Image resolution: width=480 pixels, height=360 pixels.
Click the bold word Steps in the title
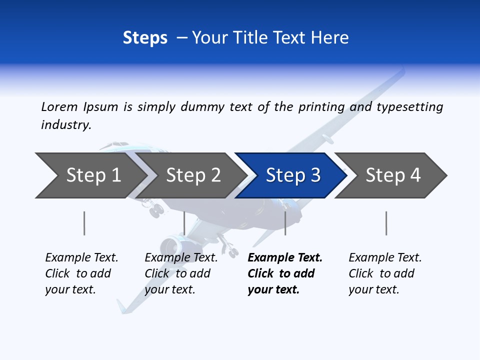pyautogui.click(x=145, y=38)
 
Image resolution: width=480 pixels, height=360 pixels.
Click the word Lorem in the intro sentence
pyautogui.click(x=59, y=107)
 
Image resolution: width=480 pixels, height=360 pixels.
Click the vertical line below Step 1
pyautogui.click(x=84, y=223)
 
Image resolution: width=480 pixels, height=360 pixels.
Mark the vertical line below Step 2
pyautogui.click(x=184, y=223)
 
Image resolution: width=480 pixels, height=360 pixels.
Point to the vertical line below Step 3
pyautogui.click(x=285, y=223)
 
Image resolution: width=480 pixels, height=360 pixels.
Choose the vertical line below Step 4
pyautogui.click(x=386, y=223)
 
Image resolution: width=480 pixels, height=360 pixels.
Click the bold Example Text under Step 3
pyautogui.click(x=285, y=258)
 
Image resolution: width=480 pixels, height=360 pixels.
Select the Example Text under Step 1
pyautogui.click(x=81, y=258)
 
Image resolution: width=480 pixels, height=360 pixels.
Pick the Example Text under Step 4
pyautogui.click(x=385, y=258)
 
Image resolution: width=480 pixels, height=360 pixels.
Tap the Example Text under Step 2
pyautogui.click(x=181, y=258)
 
